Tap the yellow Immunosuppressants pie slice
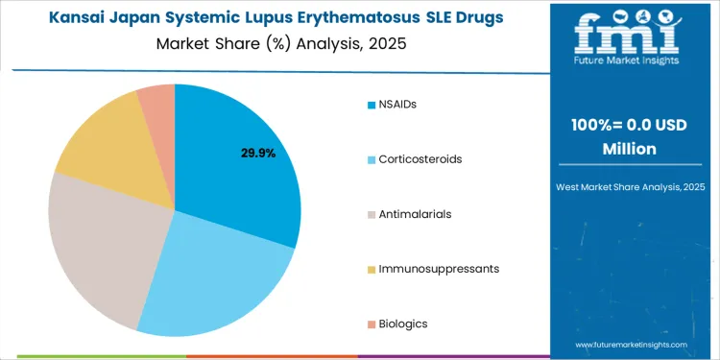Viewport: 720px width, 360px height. point(106,144)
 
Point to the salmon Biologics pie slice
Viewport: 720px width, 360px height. point(157,103)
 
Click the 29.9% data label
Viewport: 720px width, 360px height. point(258,153)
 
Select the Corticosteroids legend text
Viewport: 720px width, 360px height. point(420,158)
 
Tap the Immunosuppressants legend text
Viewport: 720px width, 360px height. point(439,269)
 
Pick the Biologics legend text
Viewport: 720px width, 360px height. point(403,324)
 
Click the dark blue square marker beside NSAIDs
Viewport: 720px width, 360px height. point(371,104)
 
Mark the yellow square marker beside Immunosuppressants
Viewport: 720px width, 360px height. point(371,269)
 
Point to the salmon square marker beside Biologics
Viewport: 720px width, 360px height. point(371,324)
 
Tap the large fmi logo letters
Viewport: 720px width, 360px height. point(630,34)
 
